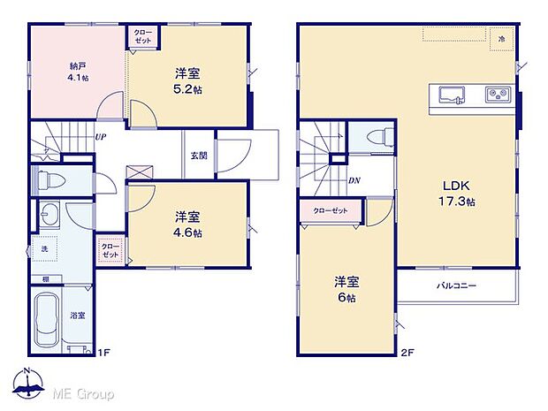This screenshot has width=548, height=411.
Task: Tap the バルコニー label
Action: click(x=456, y=286)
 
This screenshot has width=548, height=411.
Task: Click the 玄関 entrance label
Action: click(x=199, y=156)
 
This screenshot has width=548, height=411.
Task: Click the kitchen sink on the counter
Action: click(x=451, y=94)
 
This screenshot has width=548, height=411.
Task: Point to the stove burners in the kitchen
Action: click(x=494, y=95)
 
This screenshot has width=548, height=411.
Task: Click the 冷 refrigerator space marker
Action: click(x=501, y=40)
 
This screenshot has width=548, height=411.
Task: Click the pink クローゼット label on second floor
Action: click(x=331, y=210)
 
